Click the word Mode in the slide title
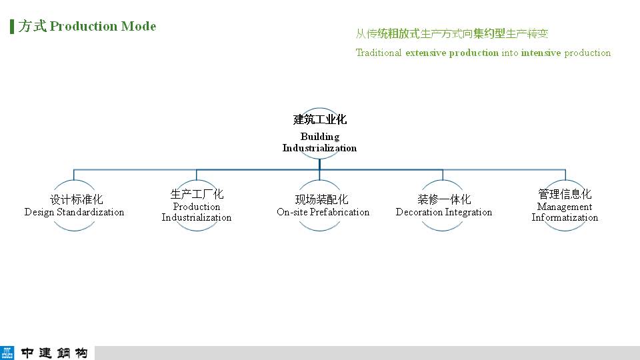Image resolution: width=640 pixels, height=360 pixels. pyautogui.click(x=139, y=26)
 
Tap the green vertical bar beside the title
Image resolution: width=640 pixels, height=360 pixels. pyautogui.click(x=12, y=27)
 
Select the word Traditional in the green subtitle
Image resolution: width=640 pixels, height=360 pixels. pyautogui.click(x=379, y=53)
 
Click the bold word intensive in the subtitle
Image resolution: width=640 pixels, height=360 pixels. pyautogui.click(x=541, y=53)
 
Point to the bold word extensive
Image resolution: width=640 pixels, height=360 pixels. pyautogui.click(x=426, y=53)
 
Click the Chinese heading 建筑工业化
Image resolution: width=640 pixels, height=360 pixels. pyautogui.click(x=319, y=119)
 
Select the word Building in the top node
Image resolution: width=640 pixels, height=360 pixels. pyautogui.click(x=320, y=137)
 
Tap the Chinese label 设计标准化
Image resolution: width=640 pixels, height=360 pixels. pyautogui.click(x=76, y=199)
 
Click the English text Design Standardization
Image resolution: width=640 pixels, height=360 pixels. pyautogui.click(x=74, y=212)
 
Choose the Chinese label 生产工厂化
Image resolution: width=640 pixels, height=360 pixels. pyautogui.click(x=197, y=194)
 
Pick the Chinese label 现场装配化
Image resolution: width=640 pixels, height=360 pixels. pyautogui.click(x=321, y=199)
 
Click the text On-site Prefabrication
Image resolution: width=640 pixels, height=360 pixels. pyautogui.click(x=323, y=212)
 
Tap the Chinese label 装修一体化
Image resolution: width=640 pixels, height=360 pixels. pyautogui.click(x=444, y=199)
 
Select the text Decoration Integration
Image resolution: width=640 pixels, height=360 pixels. pyautogui.click(x=444, y=212)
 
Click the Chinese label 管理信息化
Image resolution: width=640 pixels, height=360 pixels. pyautogui.click(x=565, y=194)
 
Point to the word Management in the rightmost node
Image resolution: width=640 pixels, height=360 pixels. pyautogui.click(x=565, y=207)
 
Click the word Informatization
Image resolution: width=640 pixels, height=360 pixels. pyautogui.click(x=565, y=217)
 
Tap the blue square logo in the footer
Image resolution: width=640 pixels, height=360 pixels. pyautogui.click(x=7, y=353)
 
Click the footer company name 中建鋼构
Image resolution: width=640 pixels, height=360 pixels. pyautogui.click(x=54, y=353)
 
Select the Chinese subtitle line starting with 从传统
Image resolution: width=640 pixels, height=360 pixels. pyautogui.click(x=452, y=33)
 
